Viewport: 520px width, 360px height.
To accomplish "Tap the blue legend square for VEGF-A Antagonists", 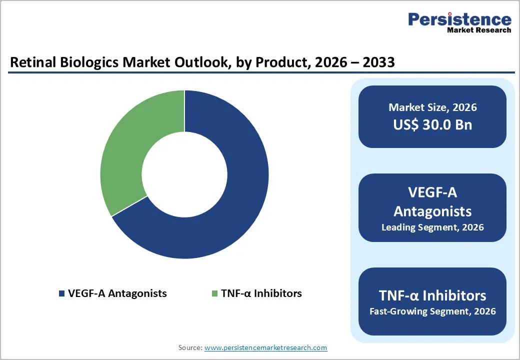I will point(61,293).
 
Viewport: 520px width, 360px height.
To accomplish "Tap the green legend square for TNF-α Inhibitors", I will point(214,293).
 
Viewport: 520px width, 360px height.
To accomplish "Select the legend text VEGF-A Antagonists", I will point(117,293).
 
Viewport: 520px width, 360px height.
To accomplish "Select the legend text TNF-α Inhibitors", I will point(261,293).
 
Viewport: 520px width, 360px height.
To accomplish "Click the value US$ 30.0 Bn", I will point(432,124).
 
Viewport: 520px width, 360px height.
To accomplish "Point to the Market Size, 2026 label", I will point(432,107).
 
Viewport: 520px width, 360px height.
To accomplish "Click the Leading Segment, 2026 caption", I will point(432,227).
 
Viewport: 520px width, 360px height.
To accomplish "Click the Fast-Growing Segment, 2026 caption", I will point(432,311).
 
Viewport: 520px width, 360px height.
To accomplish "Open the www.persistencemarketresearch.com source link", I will point(265,347).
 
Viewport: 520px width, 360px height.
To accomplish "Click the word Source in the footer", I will point(189,347).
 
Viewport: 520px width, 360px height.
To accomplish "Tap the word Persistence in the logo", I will point(459,19).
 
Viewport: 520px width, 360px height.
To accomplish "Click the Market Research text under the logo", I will point(479,30).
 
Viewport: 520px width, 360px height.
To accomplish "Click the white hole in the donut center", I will point(184,174).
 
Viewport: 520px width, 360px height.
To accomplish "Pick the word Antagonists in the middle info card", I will point(432,211).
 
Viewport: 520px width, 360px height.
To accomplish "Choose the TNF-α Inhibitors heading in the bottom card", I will point(432,295).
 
